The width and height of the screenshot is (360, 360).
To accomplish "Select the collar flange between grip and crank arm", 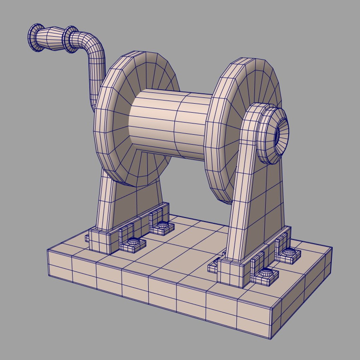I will click(x=70, y=39).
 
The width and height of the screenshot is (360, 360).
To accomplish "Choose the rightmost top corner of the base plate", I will click(x=332, y=247).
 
